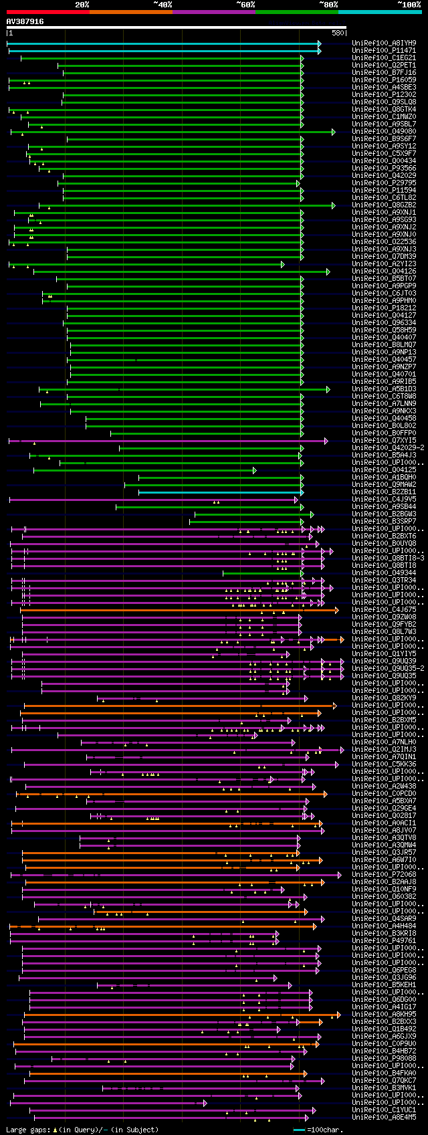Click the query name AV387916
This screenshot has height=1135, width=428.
coord(25,21)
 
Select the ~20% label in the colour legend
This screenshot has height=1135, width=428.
coord(82,4)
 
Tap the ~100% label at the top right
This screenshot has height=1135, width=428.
coord(409,4)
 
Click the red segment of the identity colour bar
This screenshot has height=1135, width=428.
coord(47,11)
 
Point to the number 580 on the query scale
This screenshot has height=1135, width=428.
coord(337,33)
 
